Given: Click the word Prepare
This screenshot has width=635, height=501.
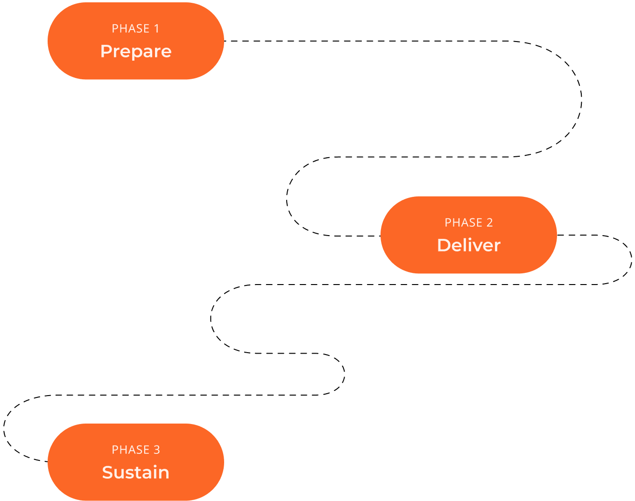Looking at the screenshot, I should tap(136, 51).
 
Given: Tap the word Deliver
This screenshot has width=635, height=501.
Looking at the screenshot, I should tap(469, 245).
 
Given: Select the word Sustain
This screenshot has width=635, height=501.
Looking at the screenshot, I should tap(136, 473).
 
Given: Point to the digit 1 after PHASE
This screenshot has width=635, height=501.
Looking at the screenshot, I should tap(156, 29).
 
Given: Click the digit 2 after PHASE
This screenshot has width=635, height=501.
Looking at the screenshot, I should tap(489, 223).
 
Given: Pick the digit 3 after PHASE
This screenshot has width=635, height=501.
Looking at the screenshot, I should tap(157, 450).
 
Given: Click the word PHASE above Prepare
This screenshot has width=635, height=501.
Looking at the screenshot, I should tap(131, 29).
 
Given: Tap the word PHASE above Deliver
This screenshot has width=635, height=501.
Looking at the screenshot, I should tap(464, 223).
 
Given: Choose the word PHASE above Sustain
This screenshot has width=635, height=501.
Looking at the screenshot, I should tap(131, 450).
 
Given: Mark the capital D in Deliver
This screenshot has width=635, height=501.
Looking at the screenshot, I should tap(443, 245).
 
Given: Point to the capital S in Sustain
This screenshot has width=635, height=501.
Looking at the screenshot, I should tap(108, 473).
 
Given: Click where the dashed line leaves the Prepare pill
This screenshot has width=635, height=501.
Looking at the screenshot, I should tap(225, 41).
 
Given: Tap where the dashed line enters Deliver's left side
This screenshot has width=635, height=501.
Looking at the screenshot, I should tap(381, 236).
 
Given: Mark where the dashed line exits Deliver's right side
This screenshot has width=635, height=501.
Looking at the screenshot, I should tap(557, 235).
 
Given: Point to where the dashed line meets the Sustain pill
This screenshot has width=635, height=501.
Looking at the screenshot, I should tap(48, 461).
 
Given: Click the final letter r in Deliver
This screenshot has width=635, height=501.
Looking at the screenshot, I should tap(497, 246).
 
